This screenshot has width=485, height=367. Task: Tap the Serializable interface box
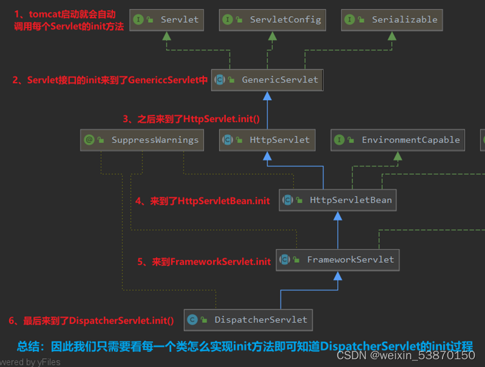392,20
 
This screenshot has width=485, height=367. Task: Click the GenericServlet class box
267,80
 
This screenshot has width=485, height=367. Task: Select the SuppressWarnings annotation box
142,140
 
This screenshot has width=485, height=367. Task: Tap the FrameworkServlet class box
338,260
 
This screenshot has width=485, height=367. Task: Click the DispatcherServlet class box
248,320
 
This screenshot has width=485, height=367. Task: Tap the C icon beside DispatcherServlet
192,320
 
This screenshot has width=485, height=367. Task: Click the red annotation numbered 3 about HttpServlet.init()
191,119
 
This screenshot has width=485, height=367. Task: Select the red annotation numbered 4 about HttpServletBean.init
202,201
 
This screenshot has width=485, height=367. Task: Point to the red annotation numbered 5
204,262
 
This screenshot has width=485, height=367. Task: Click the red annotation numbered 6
91,321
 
